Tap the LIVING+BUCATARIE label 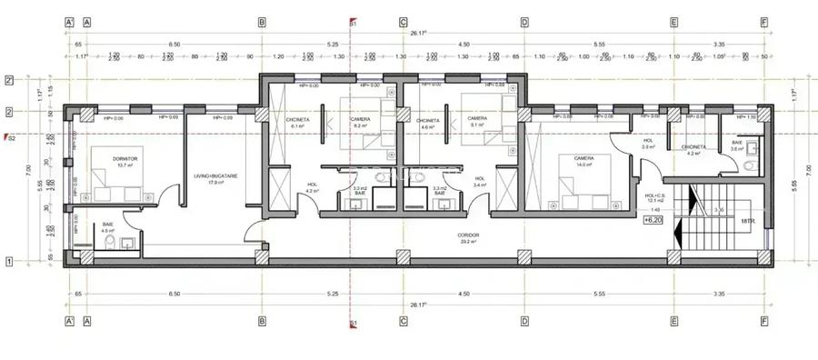point(215,179)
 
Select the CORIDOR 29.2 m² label point(469,238)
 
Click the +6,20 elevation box point(653,220)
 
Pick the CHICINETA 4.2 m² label point(693,149)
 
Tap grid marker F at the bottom point(763,321)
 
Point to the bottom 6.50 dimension point(174,294)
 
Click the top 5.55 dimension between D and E point(598,44)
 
